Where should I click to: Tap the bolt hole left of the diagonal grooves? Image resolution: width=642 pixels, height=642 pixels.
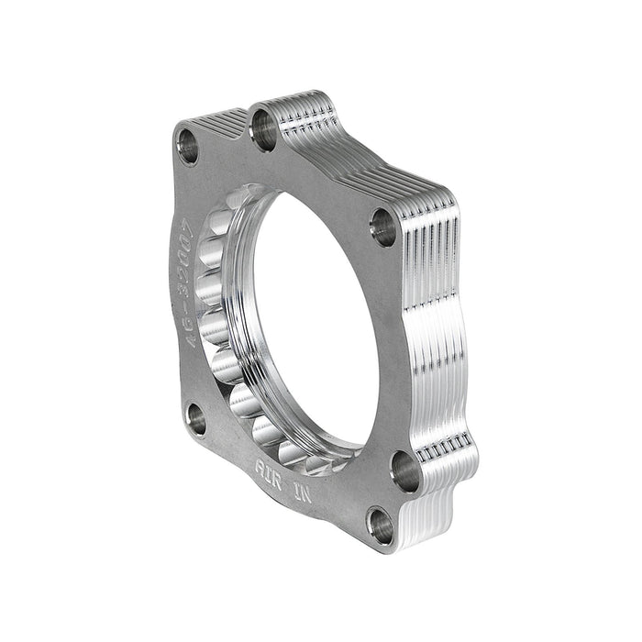coord(188,145)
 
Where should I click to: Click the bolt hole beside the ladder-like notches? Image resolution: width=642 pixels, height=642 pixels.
coord(404,470)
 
